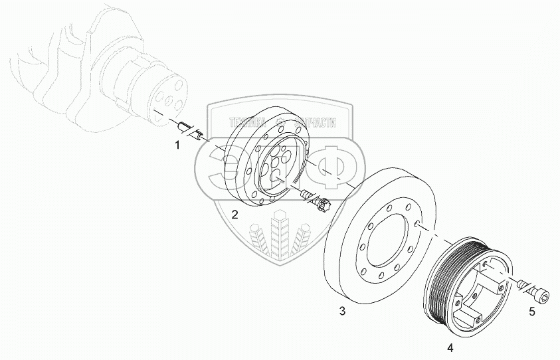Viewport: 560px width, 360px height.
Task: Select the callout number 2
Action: click(x=234, y=214)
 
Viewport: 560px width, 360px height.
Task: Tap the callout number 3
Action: click(x=342, y=310)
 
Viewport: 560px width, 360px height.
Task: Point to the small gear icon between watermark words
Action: click(x=280, y=122)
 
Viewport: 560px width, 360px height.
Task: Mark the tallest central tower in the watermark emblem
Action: click(x=280, y=232)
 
